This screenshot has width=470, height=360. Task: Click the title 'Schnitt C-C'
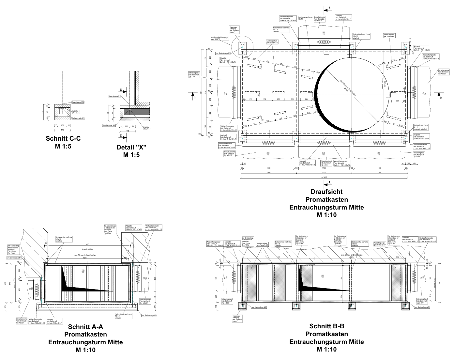click(x=63, y=138)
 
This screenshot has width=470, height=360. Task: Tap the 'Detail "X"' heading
click(x=131, y=147)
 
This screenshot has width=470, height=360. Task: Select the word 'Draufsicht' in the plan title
click(x=326, y=192)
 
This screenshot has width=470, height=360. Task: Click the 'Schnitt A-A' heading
click(x=85, y=327)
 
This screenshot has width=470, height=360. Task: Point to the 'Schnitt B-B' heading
click(x=326, y=326)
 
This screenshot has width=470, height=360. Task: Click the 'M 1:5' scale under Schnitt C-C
click(x=63, y=146)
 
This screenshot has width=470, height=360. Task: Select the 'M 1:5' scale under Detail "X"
click(x=131, y=155)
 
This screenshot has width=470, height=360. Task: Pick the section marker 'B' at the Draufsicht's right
click(x=440, y=98)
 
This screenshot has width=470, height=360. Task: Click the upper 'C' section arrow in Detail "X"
click(x=121, y=89)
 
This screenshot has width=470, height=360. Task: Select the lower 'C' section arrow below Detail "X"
click(x=121, y=136)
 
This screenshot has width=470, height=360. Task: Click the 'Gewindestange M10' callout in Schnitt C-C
click(x=78, y=102)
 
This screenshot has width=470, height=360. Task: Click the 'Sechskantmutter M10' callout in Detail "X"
click(x=109, y=125)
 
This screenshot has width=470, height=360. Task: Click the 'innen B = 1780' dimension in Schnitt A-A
click(x=86, y=250)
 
